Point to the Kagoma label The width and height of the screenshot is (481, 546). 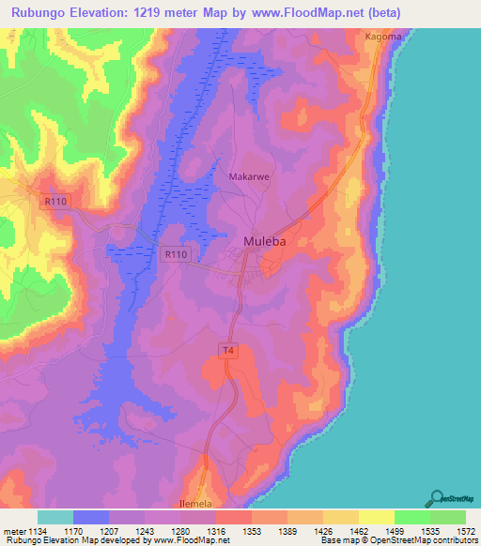383,36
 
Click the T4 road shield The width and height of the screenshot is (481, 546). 226,351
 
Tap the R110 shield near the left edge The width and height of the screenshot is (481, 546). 55,201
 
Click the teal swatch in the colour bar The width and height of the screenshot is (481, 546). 55,517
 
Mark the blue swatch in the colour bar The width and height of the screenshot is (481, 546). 91,517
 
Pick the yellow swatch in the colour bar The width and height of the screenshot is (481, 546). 376,517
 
